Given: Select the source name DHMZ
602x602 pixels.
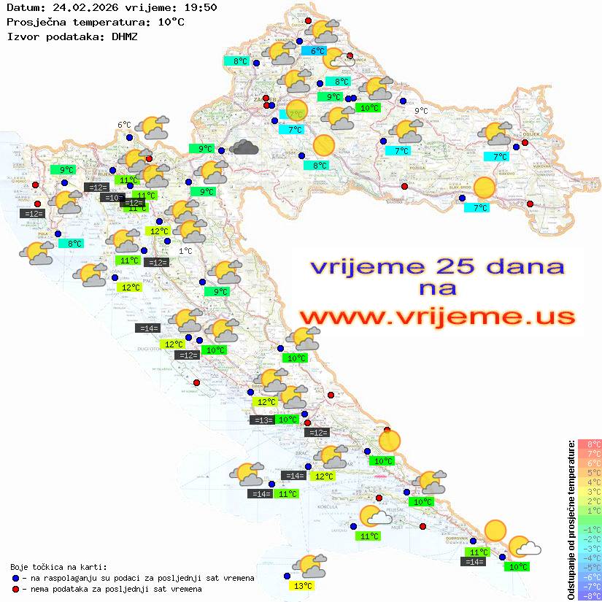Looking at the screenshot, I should point(125,36).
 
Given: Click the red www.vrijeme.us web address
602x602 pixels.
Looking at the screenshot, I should point(436,316).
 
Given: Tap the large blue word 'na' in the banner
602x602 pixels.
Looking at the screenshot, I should point(437,289).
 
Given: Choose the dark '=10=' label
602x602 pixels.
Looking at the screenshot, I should point(113,198).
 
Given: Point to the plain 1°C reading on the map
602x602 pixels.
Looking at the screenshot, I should point(185,251).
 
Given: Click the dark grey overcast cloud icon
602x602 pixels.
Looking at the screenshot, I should point(244,148).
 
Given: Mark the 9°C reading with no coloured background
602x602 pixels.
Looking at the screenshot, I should point(421,111).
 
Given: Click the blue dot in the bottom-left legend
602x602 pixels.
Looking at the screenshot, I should point(16,578).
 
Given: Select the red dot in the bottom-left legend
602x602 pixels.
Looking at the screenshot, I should point(16,589).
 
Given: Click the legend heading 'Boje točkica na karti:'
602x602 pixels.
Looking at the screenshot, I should point(58,567).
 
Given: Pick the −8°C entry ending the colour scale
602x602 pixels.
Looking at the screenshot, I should point(590,595).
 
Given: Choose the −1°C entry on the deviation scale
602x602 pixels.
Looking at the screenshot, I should point(590,529).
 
